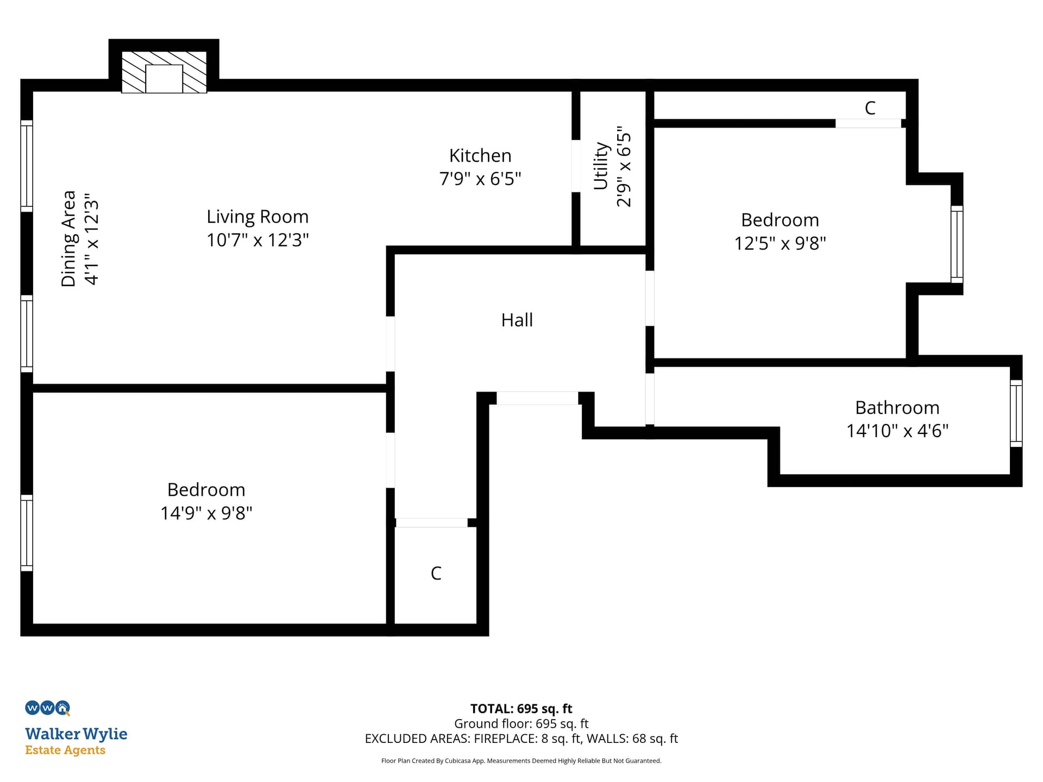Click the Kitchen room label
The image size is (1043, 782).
[480, 156]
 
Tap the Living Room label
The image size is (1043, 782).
[257, 217]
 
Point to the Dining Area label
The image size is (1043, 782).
[68, 238]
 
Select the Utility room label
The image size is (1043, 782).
[601, 166]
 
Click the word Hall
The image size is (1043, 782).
[517, 320]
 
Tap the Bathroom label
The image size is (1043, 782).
[897, 407]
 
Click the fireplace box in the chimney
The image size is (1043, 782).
[164, 79]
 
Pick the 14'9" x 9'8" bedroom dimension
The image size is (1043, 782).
[206, 513]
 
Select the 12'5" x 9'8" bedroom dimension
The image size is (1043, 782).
[780, 243]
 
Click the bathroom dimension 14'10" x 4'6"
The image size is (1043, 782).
[897, 431]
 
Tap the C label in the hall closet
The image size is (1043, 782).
[436, 573]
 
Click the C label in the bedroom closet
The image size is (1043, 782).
[870, 108]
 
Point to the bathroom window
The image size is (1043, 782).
[1016, 413]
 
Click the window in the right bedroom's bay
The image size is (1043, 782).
[957, 244]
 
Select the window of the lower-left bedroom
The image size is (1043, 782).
[27, 533]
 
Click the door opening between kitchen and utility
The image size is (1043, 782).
[576, 166]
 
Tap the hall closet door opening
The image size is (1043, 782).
[431, 523]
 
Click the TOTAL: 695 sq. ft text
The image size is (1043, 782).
[521, 709]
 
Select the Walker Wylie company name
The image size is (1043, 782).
[76, 734]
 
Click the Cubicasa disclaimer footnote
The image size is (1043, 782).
[521, 761]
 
